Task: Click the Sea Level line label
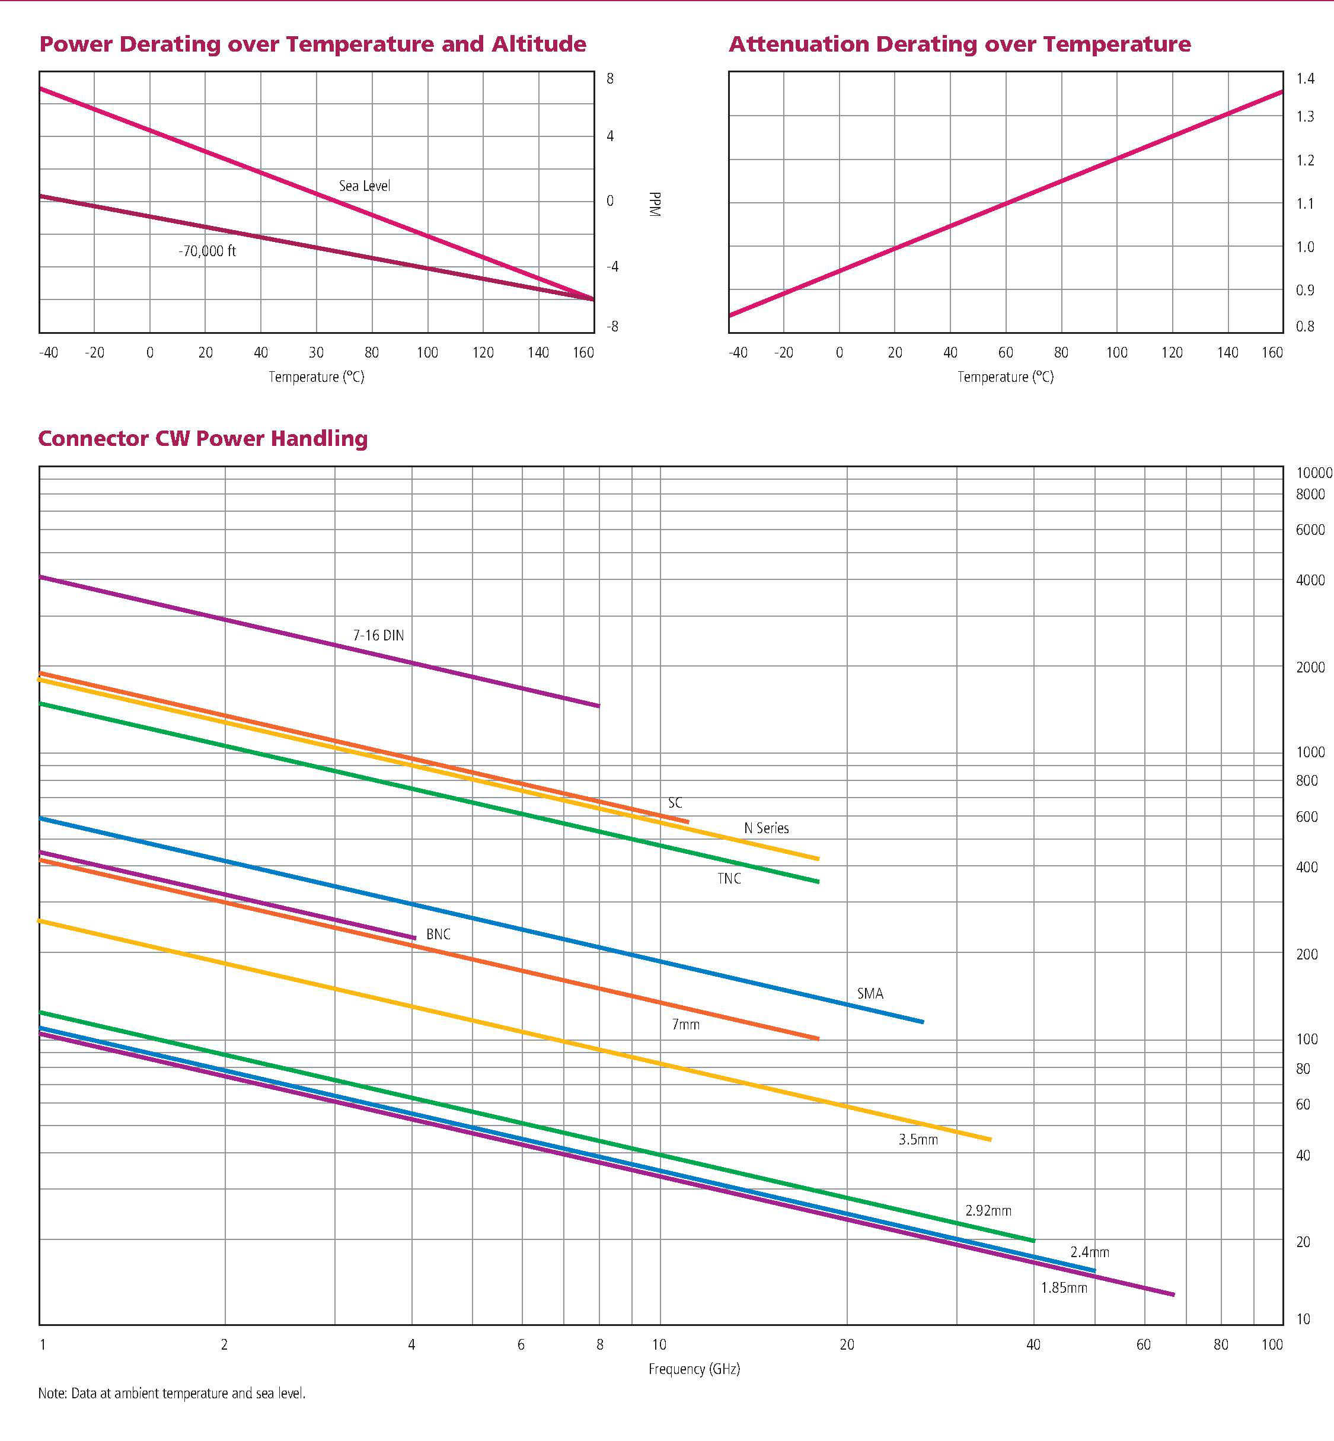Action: point(365,186)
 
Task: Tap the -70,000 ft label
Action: point(207,251)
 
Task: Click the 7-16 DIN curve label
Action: point(378,635)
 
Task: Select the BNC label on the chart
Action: point(438,934)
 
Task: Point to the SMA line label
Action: point(870,993)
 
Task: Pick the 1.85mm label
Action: point(1063,1287)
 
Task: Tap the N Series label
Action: point(766,828)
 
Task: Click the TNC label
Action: point(729,879)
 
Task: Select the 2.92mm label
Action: point(988,1211)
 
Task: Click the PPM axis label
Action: point(655,205)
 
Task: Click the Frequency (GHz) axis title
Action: point(694,1369)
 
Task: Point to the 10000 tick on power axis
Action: point(1314,473)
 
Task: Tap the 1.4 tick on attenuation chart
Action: point(1305,79)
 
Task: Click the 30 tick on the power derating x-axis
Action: point(316,352)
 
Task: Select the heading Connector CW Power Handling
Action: point(203,438)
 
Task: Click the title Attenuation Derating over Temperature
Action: point(959,44)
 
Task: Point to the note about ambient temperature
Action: point(172,1394)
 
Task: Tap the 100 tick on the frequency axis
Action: point(1272,1344)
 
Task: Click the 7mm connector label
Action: point(686,1025)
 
